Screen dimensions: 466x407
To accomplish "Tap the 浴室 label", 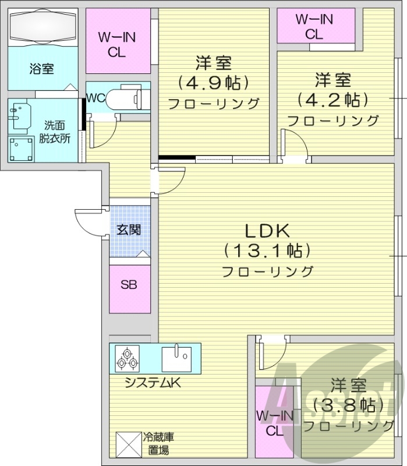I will coord(42,68).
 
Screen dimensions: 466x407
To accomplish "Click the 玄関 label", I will coord(129,230).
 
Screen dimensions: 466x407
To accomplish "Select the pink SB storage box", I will coord(129,285).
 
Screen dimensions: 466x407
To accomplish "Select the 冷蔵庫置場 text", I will coord(158,443).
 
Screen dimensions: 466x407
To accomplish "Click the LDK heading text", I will coord(267,231).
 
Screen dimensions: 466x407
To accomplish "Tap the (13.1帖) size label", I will coord(267,251).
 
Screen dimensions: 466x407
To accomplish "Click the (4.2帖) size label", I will coord(332,99).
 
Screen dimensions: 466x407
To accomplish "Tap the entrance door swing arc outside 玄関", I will coord(87,221).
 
